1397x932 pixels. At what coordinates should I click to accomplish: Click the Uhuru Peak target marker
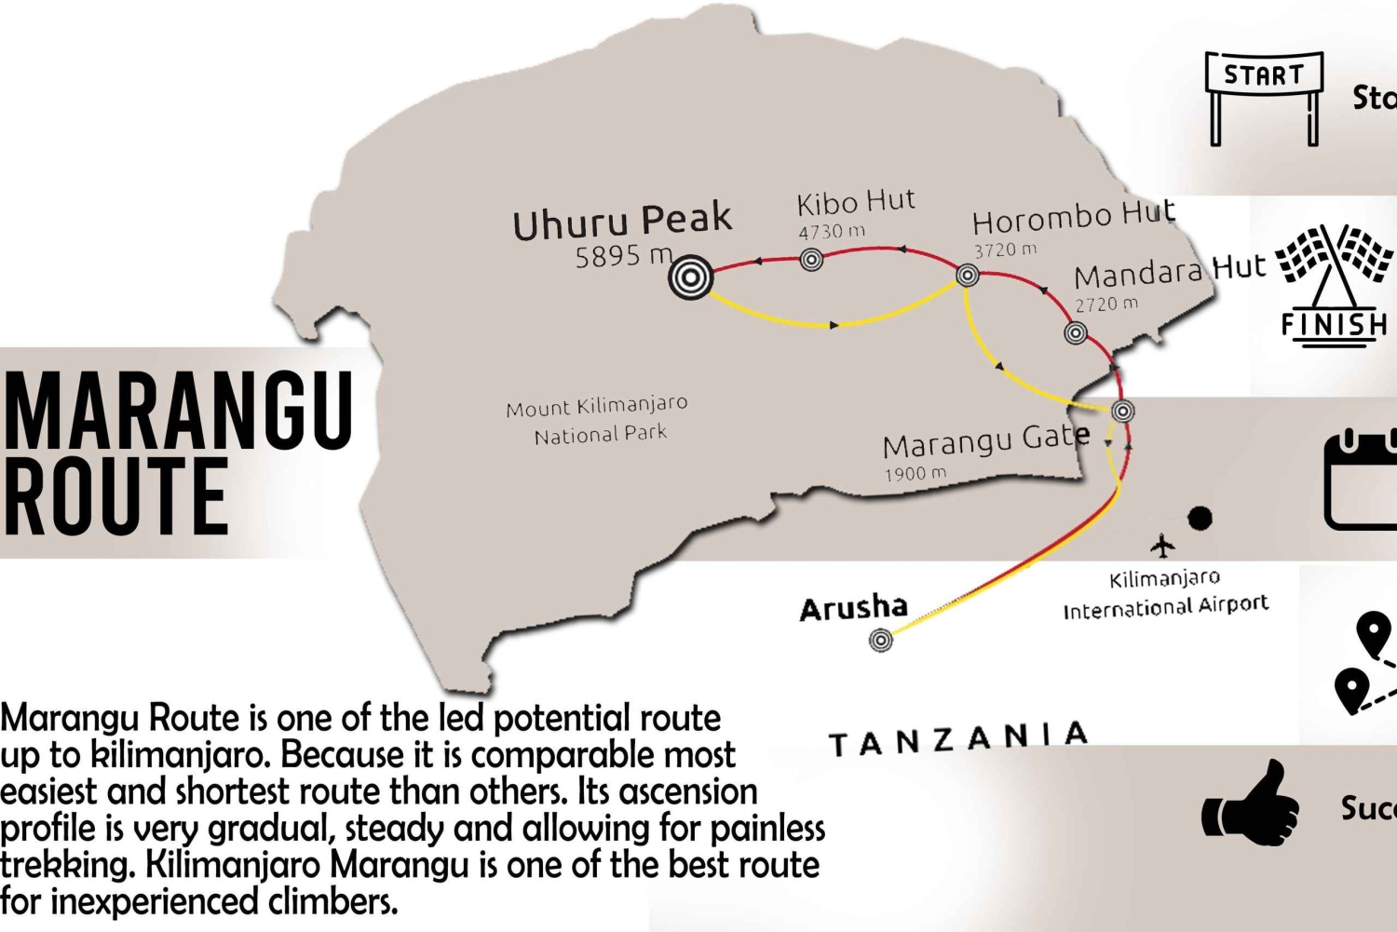690,277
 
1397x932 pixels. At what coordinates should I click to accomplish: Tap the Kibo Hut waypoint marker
811,260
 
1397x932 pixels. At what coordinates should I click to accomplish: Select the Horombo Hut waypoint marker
967,275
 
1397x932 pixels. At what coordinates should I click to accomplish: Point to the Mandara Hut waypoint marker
1076,332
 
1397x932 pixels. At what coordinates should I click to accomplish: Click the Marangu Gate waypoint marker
1123,411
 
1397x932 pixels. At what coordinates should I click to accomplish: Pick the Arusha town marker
880,640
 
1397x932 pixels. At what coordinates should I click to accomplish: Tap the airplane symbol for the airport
1162,545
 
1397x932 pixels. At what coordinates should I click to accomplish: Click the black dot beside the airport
1200,518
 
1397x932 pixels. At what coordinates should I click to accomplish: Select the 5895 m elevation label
623,256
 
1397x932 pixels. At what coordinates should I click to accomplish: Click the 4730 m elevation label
831,232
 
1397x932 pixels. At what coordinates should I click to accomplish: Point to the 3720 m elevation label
1005,250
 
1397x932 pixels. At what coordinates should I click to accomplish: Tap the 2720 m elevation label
1106,304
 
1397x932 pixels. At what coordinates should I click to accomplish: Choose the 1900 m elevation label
915,474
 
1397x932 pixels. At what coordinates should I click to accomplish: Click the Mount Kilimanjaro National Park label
598,420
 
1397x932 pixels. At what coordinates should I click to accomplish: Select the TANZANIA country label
958,739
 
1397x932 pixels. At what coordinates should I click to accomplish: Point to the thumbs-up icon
1251,804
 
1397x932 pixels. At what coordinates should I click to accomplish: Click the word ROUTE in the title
115,498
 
